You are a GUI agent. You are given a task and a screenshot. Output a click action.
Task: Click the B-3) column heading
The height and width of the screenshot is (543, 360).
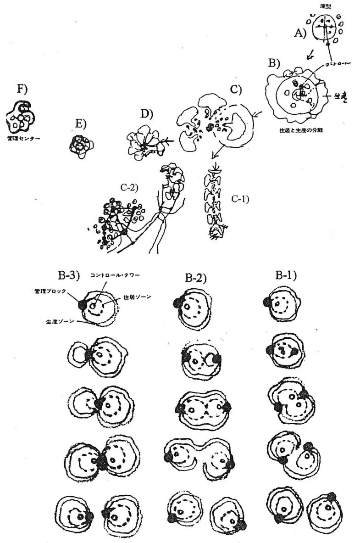click(x=69, y=276)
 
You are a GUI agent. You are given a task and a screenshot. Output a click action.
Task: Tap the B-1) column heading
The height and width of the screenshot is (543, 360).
click(x=285, y=275)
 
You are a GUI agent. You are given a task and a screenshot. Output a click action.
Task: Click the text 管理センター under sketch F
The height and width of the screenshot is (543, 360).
click(x=22, y=137)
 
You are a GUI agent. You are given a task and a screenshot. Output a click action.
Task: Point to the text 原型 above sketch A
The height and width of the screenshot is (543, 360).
click(x=326, y=6)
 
